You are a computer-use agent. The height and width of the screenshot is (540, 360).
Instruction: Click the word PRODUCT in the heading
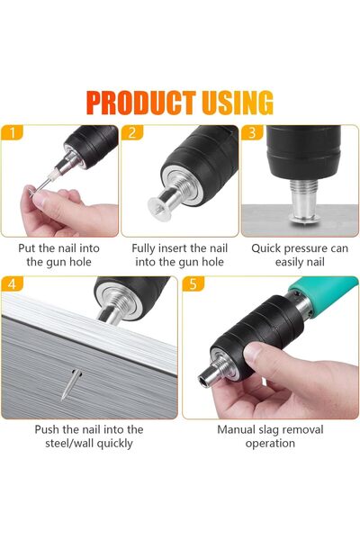[x=141, y=103]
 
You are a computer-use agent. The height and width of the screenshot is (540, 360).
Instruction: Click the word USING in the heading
[x=238, y=103]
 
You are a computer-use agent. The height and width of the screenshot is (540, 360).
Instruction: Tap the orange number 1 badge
[x=12, y=132]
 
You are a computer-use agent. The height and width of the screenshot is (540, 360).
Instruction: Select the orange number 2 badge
[x=132, y=132]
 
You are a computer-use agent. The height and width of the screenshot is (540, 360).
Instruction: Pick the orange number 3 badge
[x=252, y=132]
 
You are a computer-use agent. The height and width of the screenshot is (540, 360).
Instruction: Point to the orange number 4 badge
[x=12, y=283]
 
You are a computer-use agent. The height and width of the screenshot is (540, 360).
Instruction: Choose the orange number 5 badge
[x=193, y=283]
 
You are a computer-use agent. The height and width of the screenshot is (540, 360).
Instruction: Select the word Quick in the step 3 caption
[x=265, y=248]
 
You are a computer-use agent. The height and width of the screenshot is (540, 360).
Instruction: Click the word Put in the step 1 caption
[x=25, y=248]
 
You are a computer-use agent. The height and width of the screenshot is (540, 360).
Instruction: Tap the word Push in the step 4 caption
[x=47, y=429]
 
